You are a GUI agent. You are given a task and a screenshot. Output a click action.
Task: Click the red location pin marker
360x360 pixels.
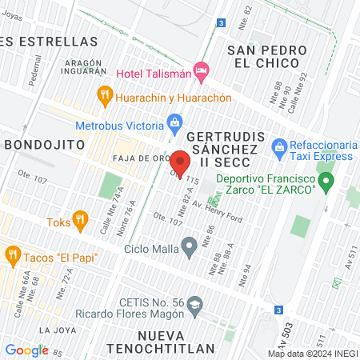click(180, 162)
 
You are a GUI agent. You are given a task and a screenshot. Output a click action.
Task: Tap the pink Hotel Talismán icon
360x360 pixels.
click(202, 71)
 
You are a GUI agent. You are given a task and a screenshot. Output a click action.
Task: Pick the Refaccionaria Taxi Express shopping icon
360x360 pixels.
click(278, 146)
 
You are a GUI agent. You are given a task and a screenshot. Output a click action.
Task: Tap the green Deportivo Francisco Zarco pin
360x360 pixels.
click(326, 184)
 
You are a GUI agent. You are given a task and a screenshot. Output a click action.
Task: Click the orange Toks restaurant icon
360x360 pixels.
click(79, 218)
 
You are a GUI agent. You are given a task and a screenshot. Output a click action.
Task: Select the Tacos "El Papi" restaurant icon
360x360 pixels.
click(12, 256)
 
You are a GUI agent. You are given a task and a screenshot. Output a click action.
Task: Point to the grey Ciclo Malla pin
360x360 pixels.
click(190, 246)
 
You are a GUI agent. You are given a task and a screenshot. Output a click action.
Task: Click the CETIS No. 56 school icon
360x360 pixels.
click(197, 303)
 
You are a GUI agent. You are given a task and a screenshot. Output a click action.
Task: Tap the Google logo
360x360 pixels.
click(26, 350)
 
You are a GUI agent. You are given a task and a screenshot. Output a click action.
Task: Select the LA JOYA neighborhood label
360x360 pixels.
click(56, 330)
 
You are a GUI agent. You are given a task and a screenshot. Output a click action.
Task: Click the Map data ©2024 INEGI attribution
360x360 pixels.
click(311, 353)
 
